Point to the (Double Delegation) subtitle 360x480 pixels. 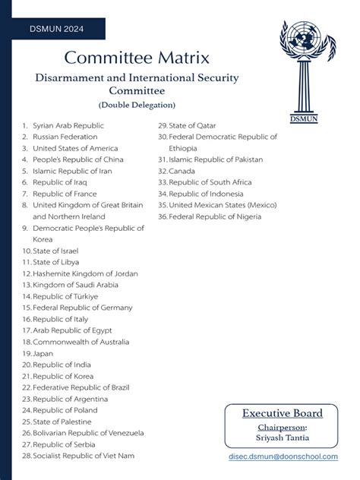click(137, 103)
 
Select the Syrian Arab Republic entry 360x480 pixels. click(68, 125)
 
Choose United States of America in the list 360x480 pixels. click(75, 148)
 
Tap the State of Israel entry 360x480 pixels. click(55, 250)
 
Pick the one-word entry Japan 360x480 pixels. click(42, 353)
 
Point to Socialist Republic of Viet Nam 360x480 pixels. click(84, 456)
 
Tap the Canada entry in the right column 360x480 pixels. click(182, 171)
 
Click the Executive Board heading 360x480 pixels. click(282, 413)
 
